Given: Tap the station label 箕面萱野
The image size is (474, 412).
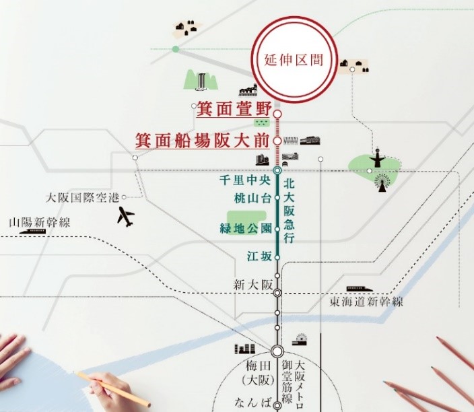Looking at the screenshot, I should pos(233,108).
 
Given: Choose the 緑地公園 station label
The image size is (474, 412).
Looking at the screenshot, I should pos(245,228).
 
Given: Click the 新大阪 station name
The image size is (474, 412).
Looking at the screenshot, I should pos(251,283).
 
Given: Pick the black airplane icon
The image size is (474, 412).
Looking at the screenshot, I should pos(125,217).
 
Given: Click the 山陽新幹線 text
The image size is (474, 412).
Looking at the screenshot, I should pos(40,221).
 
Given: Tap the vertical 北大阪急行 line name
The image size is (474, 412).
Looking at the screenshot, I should pos(290,211).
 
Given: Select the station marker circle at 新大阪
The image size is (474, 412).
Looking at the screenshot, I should pos(277,292).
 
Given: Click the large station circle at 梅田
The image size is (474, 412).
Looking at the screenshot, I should pos(277,351).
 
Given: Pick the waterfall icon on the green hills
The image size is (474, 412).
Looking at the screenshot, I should pos(202,81).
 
